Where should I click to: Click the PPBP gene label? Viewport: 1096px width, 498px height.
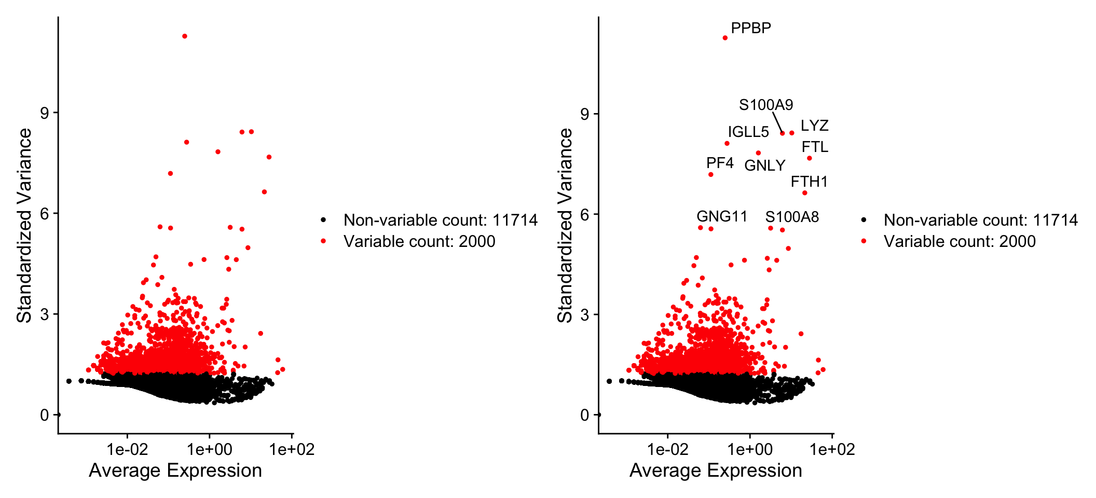coord(750,28)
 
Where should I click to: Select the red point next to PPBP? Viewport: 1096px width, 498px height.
coord(725,38)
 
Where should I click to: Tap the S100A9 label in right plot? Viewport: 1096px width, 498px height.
coord(766,105)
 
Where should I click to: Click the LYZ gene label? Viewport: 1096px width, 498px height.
coord(814,126)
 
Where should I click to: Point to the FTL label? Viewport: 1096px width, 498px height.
coord(815,147)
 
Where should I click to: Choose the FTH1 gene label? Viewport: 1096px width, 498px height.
coord(809,182)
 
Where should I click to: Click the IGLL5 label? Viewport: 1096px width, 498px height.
coord(748,132)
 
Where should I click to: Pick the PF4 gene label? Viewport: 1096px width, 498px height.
coord(720,163)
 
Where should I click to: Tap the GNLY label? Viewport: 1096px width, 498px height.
coord(764,165)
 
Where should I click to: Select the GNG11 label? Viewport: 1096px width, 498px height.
coord(722,216)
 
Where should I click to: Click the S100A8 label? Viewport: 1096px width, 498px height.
coord(792,217)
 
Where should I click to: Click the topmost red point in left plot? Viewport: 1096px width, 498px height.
coord(185,36)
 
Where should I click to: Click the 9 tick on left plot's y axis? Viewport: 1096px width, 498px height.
coord(45,113)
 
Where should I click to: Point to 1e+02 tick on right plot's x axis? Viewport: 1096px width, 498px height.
coord(832,449)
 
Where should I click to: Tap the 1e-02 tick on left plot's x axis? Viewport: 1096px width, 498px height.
coord(127,449)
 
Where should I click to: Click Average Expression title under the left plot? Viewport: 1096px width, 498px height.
coord(175,471)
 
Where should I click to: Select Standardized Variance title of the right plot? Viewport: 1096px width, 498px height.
coord(565,225)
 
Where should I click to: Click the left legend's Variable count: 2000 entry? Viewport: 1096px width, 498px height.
coord(419,241)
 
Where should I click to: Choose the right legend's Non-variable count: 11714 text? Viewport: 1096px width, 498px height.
coord(980,220)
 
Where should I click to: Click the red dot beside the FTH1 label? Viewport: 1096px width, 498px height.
coord(804,193)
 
